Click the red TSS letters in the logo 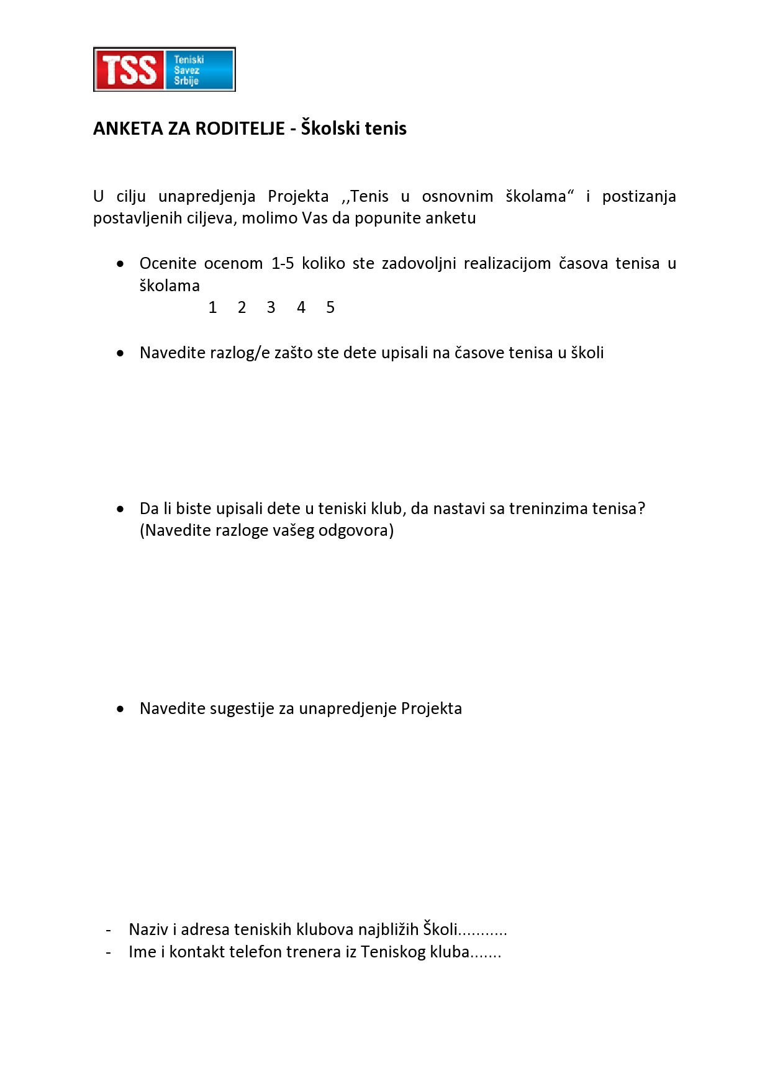129,70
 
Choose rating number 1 212,307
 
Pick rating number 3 271,307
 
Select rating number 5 330,307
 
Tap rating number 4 301,307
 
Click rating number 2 242,307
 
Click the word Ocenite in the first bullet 168,263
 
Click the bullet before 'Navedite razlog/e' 120,353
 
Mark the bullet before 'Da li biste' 120,509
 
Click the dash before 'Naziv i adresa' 109,930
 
